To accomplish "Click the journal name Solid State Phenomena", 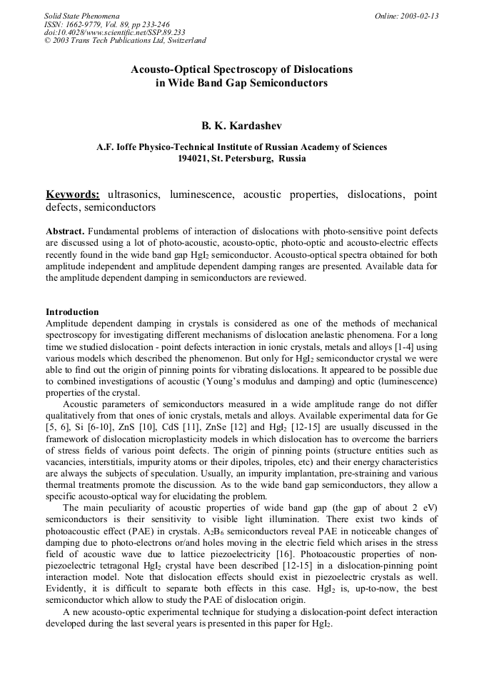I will coord(81,16).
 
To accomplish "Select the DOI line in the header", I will coord(114,32).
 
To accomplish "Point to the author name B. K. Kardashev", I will coord(241,125).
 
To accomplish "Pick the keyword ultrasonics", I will coord(133,194).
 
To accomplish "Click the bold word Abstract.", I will coord(65,232).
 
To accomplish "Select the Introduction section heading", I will coord(72,312).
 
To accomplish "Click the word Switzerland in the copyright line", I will coord(183,40).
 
